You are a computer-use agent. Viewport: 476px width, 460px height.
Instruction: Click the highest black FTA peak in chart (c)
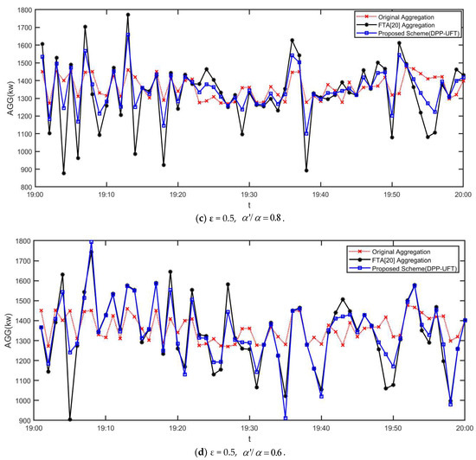(x=128, y=15)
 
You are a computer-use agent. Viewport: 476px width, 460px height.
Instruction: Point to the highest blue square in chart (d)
(x=92, y=243)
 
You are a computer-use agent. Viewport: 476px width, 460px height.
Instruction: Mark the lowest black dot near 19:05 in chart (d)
(x=70, y=419)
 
